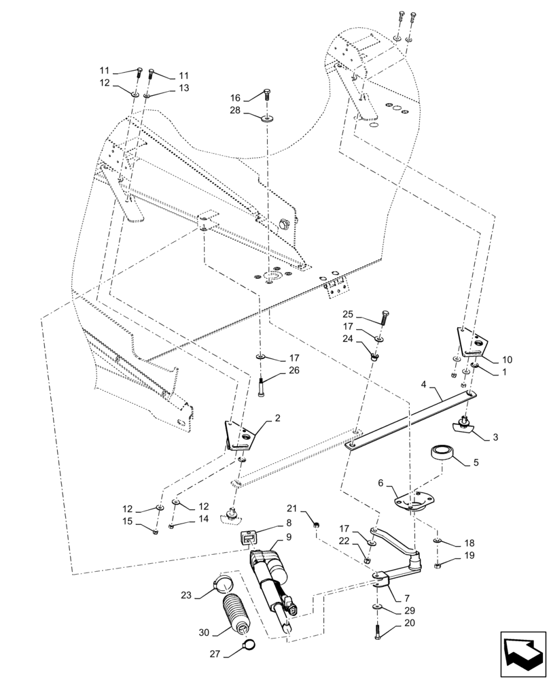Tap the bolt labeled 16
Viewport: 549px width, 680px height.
[267, 96]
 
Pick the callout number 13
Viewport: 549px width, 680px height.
[166, 88]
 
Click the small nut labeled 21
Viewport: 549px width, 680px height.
[317, 522]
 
